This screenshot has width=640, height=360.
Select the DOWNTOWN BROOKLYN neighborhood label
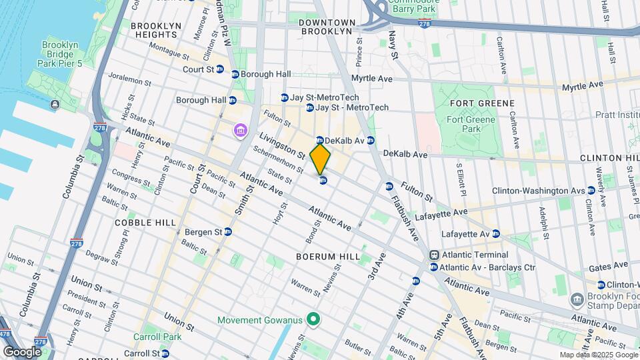(325, 27)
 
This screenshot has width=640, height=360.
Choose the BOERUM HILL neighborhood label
(327, 256)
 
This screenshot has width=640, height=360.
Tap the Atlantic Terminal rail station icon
(434, 255)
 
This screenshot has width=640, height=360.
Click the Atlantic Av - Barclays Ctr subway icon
(434, 267)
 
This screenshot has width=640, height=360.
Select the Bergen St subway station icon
(228, 232)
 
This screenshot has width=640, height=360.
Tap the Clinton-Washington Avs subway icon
(591, 191)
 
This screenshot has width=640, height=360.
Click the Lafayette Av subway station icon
(495, 234)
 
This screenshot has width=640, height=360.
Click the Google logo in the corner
(22, 352)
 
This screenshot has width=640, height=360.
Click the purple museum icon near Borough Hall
(240, 129)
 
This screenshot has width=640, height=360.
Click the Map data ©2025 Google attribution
(598, 355)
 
